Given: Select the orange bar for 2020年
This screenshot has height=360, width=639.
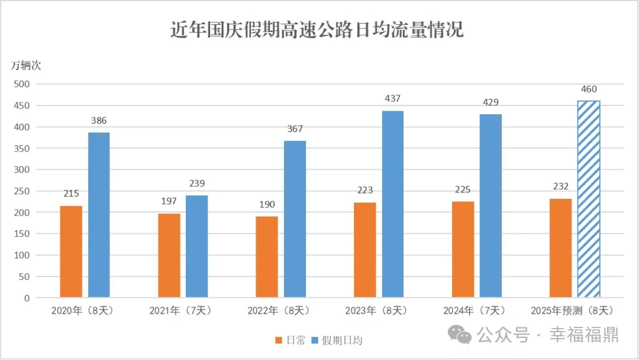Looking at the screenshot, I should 71,251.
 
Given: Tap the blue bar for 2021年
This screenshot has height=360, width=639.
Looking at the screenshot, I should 197,246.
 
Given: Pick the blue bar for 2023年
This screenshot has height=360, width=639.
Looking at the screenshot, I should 393,204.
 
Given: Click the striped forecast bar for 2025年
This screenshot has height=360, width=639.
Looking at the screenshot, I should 589,199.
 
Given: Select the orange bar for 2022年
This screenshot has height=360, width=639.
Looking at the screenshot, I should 267,256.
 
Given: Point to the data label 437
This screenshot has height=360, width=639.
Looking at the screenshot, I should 393,99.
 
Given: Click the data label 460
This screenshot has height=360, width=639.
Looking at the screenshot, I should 589,89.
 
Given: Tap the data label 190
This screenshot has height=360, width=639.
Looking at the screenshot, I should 267,205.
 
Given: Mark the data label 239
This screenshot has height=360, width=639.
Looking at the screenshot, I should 197,184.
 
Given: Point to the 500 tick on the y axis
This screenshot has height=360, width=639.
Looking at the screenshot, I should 22,84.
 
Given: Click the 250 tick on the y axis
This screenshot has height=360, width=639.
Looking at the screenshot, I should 22,191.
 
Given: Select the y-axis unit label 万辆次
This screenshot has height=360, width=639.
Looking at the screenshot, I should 26,66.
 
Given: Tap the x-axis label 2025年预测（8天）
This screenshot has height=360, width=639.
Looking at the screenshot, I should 572,310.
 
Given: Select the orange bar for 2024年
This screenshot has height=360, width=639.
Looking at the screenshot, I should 463,249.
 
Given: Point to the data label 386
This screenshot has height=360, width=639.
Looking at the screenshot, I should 99,121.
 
